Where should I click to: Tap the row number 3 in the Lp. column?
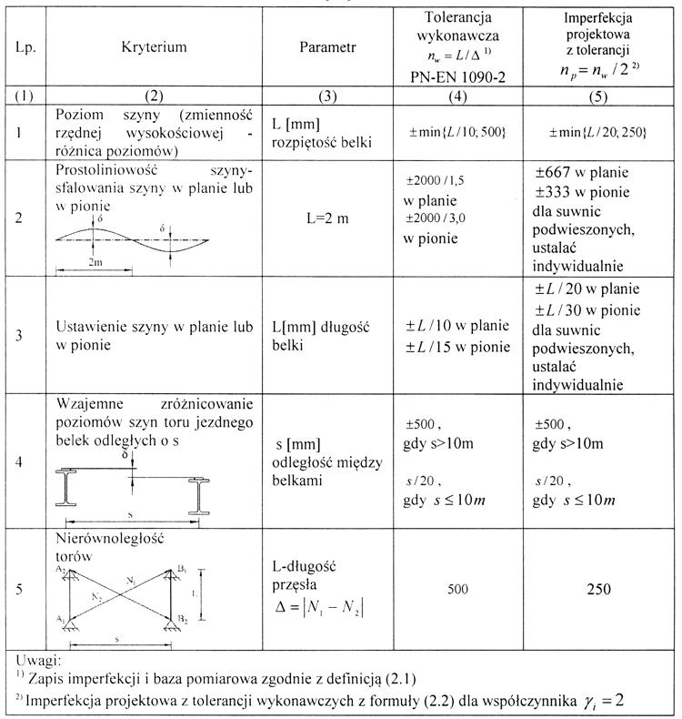point(21,335)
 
